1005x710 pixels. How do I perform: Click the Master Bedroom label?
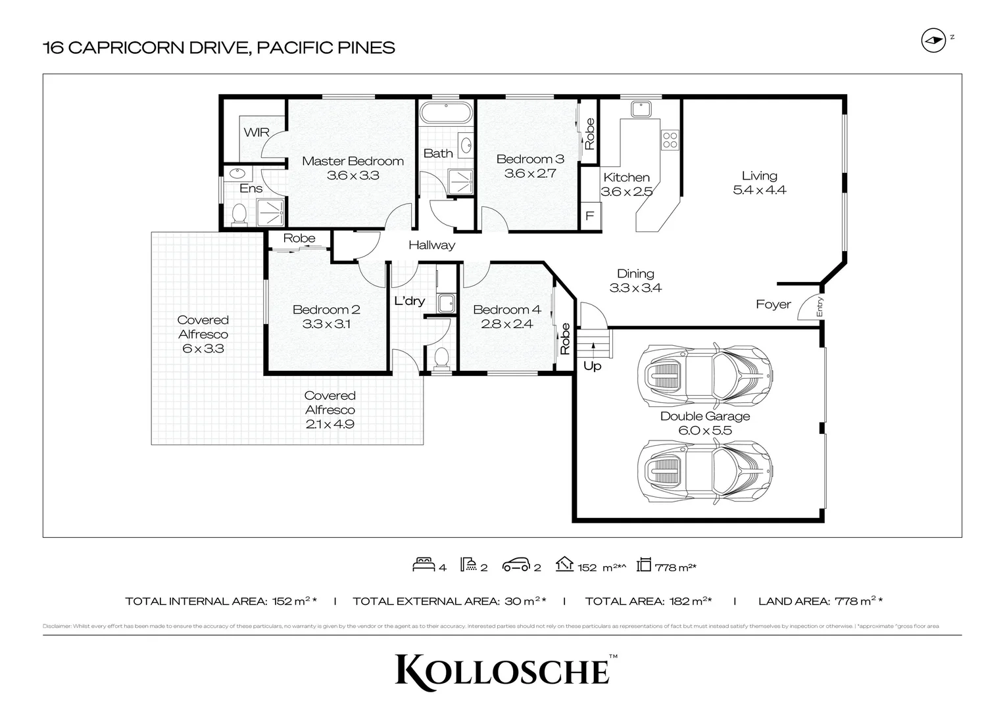coord(353,161)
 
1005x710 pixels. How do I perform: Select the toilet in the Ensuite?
coord(239,213)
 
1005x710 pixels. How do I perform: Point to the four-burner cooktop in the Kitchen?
coord(670,139)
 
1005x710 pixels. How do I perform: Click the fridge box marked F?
coord(590,216)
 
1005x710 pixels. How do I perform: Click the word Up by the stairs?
coord(592,366)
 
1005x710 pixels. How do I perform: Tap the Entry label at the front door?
coord(820,307)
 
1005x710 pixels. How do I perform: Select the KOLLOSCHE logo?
coord(502,670)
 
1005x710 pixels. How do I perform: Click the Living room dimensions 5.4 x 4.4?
coord(760,190)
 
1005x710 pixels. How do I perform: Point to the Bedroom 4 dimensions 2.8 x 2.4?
coord(506,323)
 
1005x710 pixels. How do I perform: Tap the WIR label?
coord(257,132)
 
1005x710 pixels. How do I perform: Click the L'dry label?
coord(409,301)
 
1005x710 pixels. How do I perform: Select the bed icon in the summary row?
coord(424,565)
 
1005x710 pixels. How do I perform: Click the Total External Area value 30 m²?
coord(524,601)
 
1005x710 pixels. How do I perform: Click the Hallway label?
coord(431,245)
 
